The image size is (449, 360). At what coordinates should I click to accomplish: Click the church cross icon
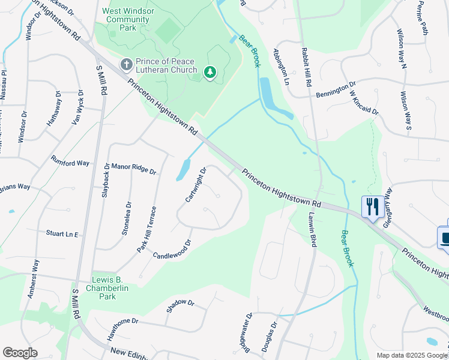pyautogui.click(x=127, y=64)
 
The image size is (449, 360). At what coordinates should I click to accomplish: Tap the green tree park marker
pyautogui.click(x=209, y=73)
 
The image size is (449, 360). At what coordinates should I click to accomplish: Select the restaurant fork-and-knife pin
pyautogui.click(x=373, y=207)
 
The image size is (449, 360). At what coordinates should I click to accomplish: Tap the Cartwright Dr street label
pyautogui.click(x=196, y=184)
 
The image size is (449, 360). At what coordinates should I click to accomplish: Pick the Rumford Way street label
pyautogui.click(x=70, y=163)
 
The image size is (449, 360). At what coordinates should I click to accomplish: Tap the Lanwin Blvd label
pyautogui.click(x=312, y=231)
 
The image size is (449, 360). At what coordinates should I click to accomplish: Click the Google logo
pyautogui.click(x=20, y=353)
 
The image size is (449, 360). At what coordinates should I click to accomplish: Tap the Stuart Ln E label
pyautogui.click(x=62, y=233)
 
